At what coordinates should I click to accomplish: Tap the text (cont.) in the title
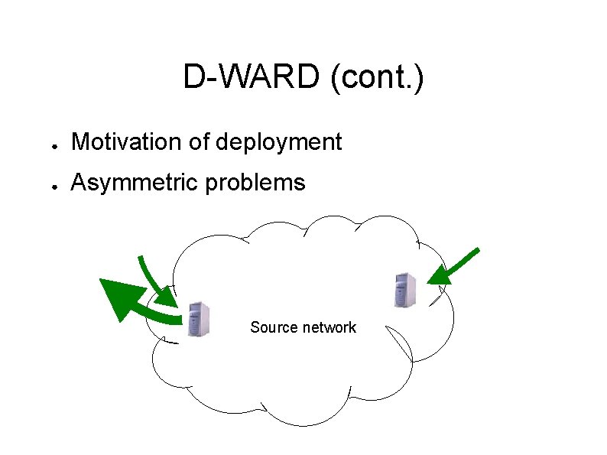(377, 77)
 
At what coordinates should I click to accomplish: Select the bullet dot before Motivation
(47, 144)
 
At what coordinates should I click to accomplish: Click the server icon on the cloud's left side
(198, 320)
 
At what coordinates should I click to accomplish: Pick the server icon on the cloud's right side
(404, 289)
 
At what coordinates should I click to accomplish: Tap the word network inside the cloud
(329, 327)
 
